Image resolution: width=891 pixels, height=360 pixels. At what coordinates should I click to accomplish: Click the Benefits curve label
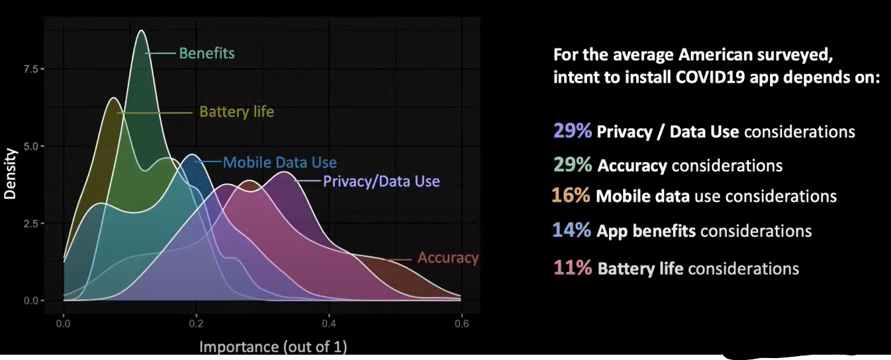tap(207, 53)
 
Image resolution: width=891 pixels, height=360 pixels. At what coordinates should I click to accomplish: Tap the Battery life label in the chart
tap(236, 112)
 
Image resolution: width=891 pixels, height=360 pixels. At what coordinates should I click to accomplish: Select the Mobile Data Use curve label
tap(279, 162)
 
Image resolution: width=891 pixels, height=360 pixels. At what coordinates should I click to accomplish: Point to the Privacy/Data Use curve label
tap(381, 181)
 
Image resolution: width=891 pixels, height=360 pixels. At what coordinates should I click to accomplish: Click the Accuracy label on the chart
tap(447, 258)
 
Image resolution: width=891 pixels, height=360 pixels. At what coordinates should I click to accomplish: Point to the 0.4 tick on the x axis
tap(329, 324)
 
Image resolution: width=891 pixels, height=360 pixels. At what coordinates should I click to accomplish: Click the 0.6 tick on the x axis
tap(462, 324)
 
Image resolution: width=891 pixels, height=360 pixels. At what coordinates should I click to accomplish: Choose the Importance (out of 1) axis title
tap(273, 346)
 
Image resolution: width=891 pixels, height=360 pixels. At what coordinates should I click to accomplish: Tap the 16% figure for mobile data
tap(571, 196)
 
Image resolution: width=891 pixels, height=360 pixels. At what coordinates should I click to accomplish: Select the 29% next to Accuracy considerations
tap(572, 165)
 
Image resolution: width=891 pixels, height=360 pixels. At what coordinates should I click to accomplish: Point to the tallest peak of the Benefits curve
tap(140, 31)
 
